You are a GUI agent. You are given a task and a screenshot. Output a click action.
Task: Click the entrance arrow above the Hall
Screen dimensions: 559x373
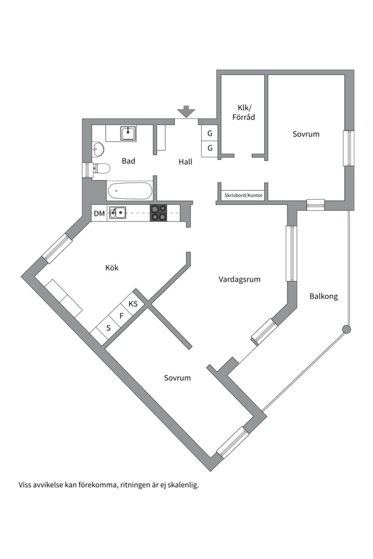point(186,111)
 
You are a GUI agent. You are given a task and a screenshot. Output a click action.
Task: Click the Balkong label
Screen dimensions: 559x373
point(323,297)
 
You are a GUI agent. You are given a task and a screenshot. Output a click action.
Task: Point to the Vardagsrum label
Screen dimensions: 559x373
point(239,279)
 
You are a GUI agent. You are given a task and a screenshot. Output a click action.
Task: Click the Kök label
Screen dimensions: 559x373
point(112,268)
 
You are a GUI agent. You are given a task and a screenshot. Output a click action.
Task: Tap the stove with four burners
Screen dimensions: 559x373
point(159,213)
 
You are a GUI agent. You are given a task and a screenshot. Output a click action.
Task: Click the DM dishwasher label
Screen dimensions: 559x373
point(99,213)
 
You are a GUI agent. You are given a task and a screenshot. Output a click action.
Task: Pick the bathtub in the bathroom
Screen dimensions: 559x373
point(130,191)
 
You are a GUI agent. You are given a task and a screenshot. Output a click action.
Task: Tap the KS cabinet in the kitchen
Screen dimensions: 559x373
point(133,304)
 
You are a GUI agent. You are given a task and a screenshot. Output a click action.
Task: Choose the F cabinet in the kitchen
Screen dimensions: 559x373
point(121,315)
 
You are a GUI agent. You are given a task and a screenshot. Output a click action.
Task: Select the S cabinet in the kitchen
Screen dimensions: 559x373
point(109,328)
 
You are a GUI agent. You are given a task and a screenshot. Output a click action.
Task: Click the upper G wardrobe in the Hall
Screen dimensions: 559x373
point(210,133)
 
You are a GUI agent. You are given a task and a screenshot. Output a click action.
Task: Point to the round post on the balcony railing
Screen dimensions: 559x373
point(347,329)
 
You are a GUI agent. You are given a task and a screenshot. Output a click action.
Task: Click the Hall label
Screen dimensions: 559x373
point(185,162)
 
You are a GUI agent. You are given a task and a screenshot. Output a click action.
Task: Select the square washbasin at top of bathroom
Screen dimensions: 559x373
point(128,133)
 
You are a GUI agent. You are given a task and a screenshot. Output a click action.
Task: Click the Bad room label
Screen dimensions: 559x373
point(128,161)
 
